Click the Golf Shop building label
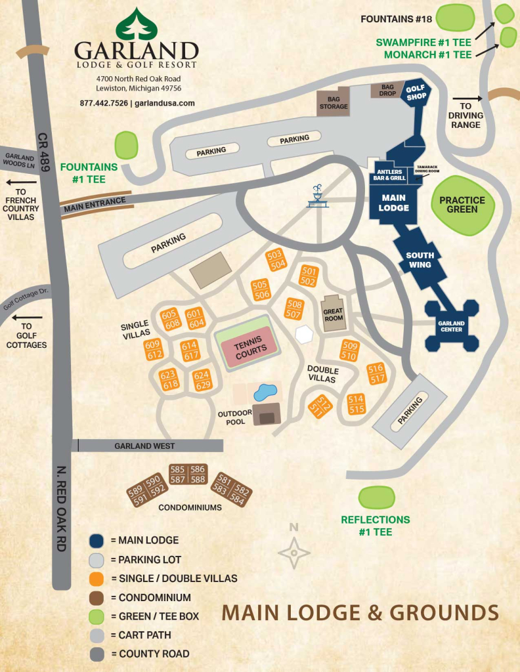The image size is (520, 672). pos(416,93)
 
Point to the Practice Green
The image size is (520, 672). pos(462,205)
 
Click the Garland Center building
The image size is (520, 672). pos(451,325)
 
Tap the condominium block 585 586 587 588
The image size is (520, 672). pos(188,474)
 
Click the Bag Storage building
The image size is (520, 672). pos(334,102)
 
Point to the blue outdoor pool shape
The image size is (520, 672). pos(265,393)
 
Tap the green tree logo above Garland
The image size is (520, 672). pos(137,24)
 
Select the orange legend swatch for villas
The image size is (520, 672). pos(97,579)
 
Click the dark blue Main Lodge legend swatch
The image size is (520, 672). pos(97,541)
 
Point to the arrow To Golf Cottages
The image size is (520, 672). pos(32,318)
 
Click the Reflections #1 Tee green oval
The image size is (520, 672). pos(376,497)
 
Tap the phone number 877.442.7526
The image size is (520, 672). pos(104,103)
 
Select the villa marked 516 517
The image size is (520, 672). pos(376,373)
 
